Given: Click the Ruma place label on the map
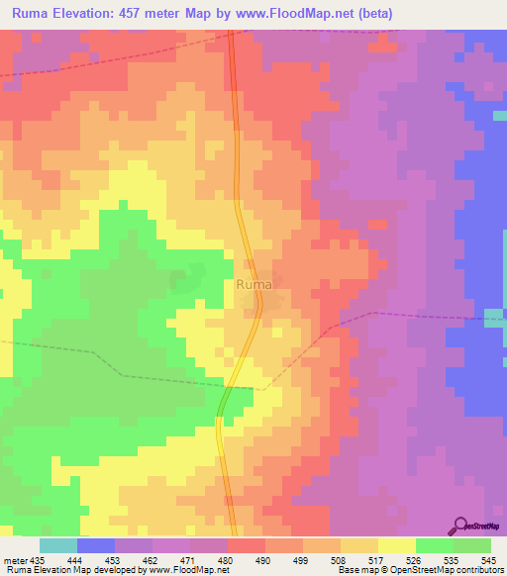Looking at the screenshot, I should pos(254,285).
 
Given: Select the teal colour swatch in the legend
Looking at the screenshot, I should pos(58,545).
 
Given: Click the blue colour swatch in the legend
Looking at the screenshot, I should pos(96,545).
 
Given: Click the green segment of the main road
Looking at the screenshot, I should pos(224,400).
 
